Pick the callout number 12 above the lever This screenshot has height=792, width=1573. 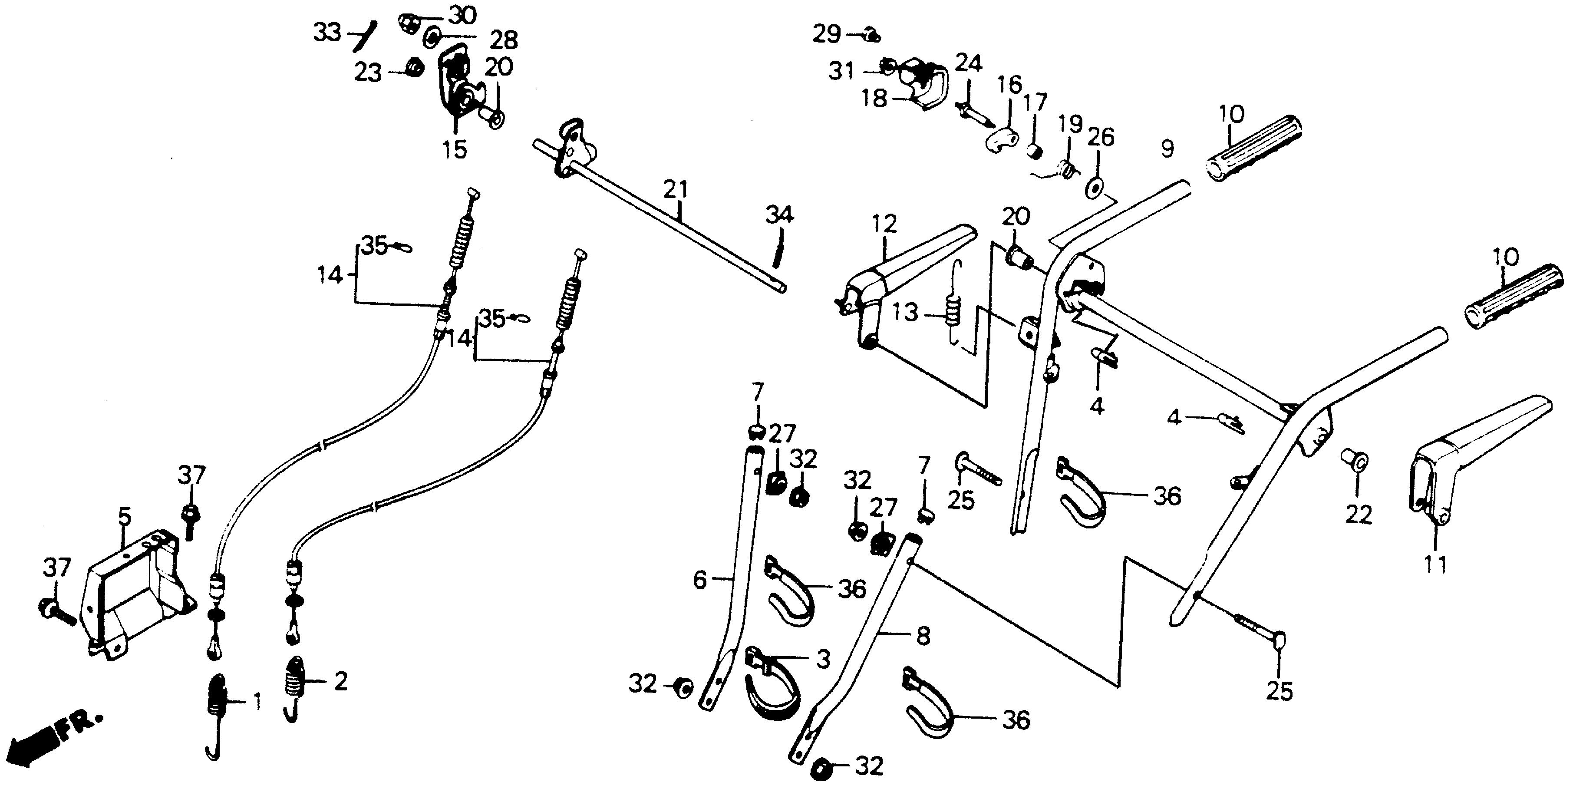[885, 224]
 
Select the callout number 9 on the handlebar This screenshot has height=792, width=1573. [1167, 149]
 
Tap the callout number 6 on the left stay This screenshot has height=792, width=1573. [700, 580]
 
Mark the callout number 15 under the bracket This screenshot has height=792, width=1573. [455, 149]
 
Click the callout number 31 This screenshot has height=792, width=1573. [841, 72]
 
